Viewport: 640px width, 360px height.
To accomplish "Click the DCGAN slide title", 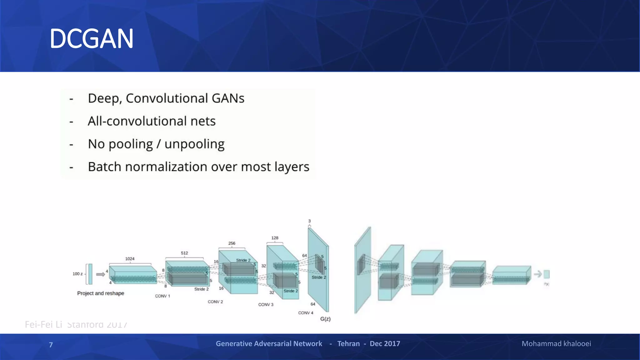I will tap(92, 39).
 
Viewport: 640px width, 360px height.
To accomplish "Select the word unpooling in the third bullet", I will tap(194, 144).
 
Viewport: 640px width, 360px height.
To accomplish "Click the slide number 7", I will tap(51, 345).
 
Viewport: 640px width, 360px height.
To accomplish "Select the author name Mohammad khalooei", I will tap(556, 344).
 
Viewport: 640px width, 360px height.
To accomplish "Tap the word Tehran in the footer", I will tap(348, 344).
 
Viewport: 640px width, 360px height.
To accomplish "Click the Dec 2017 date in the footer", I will tap(385, 344).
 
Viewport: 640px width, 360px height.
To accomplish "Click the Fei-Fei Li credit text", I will tap(44, 325).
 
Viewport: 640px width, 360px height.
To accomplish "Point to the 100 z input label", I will tap(77, 274).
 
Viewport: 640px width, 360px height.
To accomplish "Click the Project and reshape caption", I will tap(101, 293).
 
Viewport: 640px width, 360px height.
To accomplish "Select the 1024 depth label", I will tap(130, 259).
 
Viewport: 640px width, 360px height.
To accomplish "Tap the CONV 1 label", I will tap(162, 296).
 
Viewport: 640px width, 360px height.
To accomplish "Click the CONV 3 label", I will tap(266, 304).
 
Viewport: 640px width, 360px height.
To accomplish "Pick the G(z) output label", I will tap(325, 319).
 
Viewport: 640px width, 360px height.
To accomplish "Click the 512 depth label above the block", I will tap(184, 253).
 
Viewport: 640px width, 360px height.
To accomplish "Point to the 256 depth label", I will tap(232, 243).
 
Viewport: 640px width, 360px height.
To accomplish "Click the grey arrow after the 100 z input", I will tap(100, 274).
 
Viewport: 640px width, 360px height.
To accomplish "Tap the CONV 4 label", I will tap(305, 313).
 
